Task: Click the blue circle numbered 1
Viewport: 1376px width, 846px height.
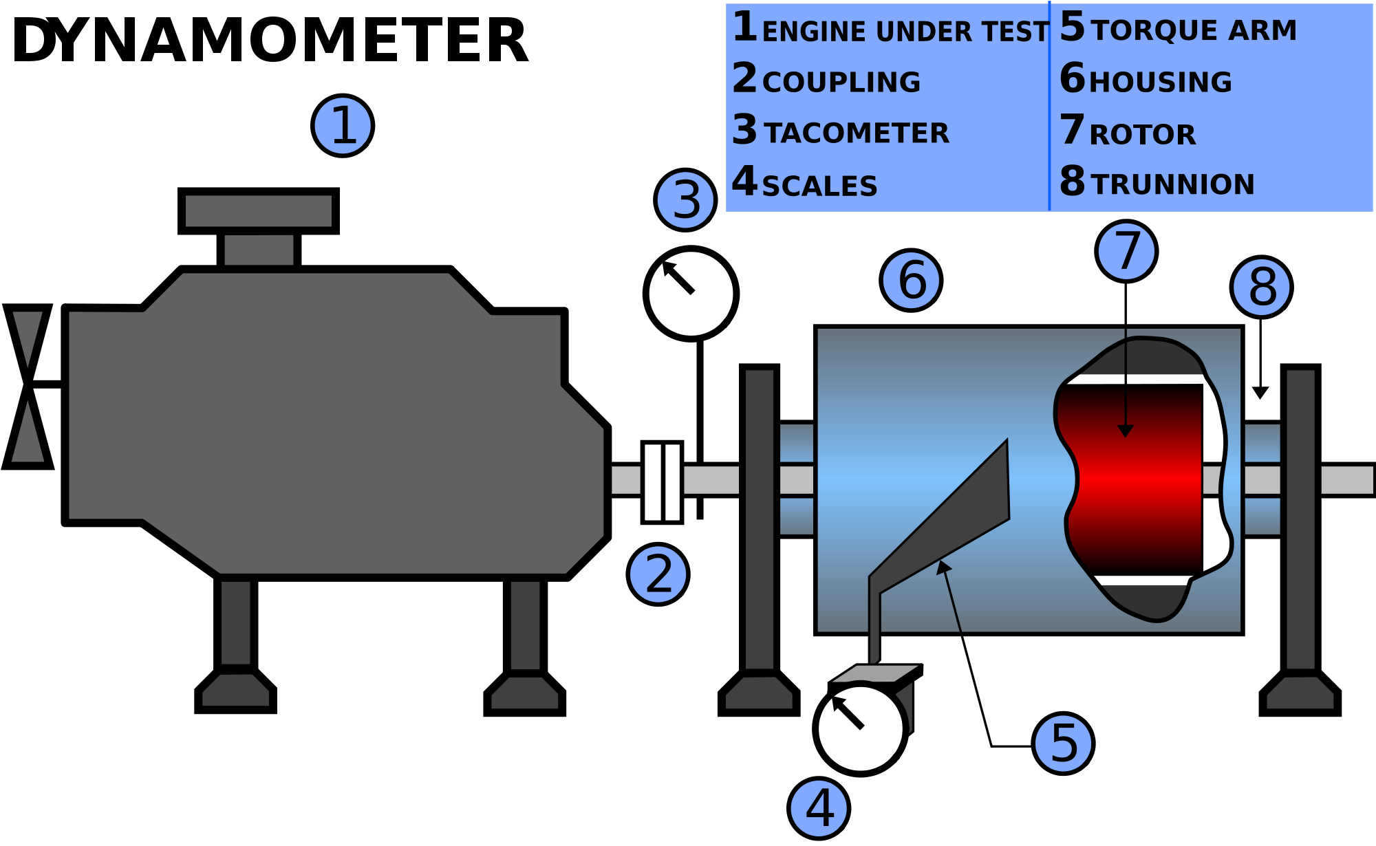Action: coord(343,126)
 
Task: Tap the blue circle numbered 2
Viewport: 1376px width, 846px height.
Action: coord(658,574)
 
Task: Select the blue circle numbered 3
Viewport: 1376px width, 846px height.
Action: coord(685,200)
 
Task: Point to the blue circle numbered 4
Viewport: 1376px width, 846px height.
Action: coord(819,808)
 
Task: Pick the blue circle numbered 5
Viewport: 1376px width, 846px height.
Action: coord(1063,744)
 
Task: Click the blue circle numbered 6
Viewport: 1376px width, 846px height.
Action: coord(911,281)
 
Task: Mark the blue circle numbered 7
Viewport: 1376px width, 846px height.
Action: coord(1126,251)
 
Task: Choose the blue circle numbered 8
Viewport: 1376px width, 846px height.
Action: coord(1261,288)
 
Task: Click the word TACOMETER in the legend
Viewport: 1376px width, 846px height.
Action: coord(856,133)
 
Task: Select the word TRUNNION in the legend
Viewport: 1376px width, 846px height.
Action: coord(1172,184)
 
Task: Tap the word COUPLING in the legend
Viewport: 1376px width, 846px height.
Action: coord(841,83)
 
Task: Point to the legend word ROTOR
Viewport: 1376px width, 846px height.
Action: coord(1143,135)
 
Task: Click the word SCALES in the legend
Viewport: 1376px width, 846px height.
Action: coord(819,186)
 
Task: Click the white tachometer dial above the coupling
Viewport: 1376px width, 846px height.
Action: coord(691,294)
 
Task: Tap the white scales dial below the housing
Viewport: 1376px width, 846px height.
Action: coord(860,728)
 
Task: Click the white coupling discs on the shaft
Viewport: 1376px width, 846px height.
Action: coord(662,481)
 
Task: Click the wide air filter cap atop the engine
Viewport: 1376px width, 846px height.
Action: coord(259,210)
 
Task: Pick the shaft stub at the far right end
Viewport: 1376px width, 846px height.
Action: coord(1346,480)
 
